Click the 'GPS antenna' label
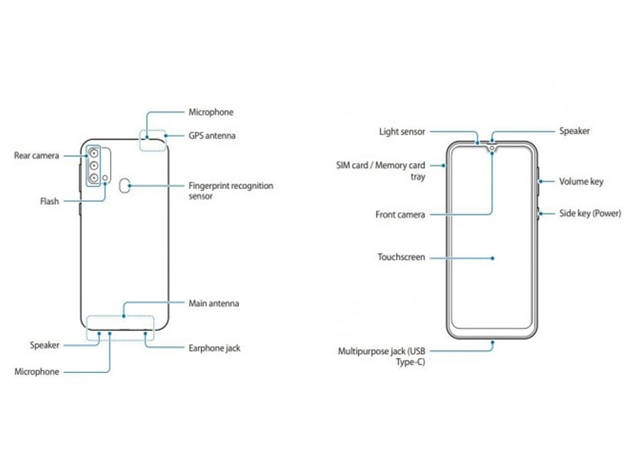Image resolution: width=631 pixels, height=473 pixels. point(211,136)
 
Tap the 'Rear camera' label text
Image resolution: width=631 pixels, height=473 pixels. point(37,156)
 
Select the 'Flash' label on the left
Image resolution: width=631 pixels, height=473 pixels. point(50,201)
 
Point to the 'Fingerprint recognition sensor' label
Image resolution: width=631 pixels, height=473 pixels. point(230,192)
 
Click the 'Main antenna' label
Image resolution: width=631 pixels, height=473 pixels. point(214,303)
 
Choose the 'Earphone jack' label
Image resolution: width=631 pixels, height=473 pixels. point(215,347)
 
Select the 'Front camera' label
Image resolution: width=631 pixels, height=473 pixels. point(401,214)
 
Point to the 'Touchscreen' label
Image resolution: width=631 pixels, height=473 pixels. point(401,257)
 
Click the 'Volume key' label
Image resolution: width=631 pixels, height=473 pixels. point(581,181)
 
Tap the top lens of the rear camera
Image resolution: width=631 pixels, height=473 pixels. point(94,153)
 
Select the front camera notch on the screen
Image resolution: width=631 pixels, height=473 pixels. point(492,147)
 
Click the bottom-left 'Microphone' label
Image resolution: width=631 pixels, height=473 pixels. point(37,371)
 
